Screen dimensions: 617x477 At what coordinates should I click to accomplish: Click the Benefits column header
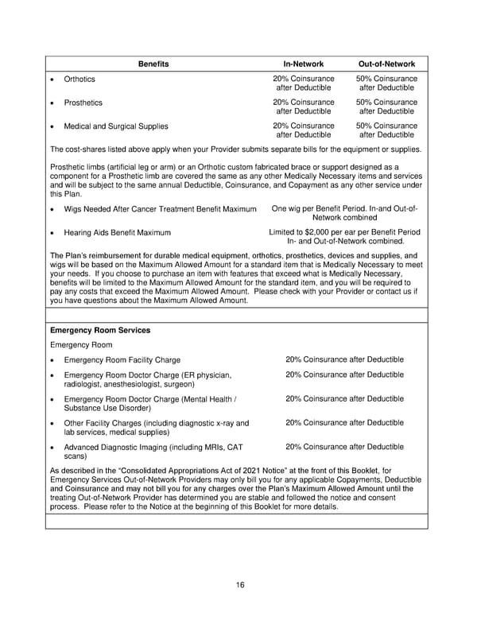(153, 63)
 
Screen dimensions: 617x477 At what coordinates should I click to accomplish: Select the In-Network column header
(303, 63)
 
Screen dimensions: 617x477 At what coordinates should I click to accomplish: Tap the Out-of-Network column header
(386, 63)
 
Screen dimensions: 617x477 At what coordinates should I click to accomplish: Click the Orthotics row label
(79, 80)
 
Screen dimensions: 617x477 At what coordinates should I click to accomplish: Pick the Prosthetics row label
(83, 103)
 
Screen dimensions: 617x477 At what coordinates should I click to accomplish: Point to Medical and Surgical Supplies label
(116, 126)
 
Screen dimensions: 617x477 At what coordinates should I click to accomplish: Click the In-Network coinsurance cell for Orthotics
(303, 83)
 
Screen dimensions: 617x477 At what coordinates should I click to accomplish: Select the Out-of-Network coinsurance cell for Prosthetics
(386, 107)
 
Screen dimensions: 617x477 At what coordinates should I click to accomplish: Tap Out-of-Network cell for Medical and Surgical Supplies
(386, 130)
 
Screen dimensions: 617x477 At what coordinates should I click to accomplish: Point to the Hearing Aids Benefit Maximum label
(118, 232)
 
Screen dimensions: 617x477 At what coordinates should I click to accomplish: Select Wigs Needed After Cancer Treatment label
(160, 209)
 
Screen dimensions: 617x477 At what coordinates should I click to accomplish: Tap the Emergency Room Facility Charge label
(122, 360)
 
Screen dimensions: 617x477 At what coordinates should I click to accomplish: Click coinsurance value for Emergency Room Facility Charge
(344, 359)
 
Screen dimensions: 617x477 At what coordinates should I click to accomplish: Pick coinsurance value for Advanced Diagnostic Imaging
(344, 447)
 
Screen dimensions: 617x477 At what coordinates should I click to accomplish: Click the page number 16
(239, 584)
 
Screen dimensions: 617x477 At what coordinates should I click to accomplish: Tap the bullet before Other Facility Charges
(52, 424)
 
